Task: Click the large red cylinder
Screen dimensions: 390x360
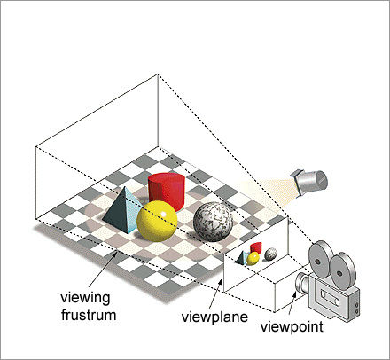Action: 167,192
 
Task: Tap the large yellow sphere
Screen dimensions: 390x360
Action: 157,221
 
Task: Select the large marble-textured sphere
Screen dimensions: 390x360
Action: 213,222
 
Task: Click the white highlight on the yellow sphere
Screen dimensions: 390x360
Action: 163,214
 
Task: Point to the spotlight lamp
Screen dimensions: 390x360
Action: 309,183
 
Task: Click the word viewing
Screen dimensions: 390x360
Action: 85,298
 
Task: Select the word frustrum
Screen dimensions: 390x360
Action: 89,315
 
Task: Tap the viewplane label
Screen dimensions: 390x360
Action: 214,317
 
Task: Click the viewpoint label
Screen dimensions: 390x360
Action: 292,327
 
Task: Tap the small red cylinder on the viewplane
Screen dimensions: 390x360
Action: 256,247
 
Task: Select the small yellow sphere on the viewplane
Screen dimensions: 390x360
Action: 253,259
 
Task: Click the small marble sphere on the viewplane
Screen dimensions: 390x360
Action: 270,254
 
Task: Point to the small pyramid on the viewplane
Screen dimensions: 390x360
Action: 243,257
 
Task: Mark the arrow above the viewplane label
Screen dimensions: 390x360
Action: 215,293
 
